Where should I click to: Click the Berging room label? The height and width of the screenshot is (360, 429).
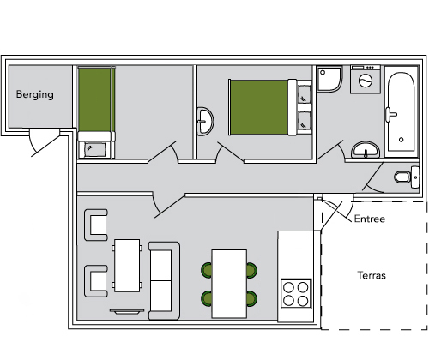pos(35,94)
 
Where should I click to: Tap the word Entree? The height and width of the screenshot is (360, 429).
pos(370,219)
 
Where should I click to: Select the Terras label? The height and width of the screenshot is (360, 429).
pos(372,275)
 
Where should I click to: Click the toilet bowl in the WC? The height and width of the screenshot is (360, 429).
pos(402,177)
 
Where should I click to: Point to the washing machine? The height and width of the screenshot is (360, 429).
pos(366,79)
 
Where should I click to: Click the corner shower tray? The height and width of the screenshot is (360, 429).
pos(329,79)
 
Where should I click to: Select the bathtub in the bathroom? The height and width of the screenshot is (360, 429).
pos(402,111)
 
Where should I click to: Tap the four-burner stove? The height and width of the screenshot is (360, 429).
pos(296,294)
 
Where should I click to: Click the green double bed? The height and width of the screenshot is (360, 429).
pos(269,107)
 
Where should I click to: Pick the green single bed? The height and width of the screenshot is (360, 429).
pos(96,112)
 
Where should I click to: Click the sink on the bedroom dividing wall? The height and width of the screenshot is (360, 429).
pos(205,121)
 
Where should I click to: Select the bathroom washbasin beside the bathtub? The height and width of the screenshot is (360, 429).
pos(366,149)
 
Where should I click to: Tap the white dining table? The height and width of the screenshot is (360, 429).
pos(229,284)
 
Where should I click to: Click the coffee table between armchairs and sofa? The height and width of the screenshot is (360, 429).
pos(127,266)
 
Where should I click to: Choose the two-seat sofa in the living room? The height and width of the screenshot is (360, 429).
pos(164,280)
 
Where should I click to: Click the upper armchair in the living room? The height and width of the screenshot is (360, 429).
pos(96,225)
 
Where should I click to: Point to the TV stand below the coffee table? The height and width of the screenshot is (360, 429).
pos(127,311)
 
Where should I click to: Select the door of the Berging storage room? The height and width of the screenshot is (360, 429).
pos(45,142)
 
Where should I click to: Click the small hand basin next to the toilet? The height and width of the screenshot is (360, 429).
pos(415,177)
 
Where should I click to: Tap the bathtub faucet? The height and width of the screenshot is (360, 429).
pos(390,115)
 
